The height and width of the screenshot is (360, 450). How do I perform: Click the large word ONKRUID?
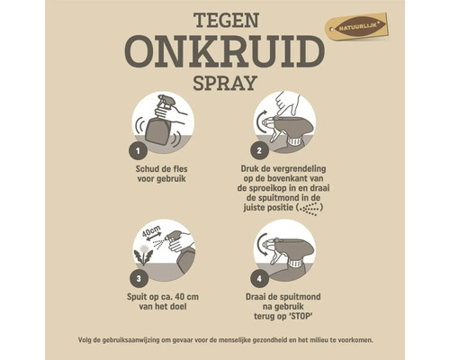(224, 52)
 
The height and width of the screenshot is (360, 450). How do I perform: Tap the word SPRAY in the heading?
(224, 85)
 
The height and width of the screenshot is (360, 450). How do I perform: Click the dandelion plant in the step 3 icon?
(145, 255)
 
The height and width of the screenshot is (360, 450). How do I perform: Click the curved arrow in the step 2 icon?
(262, 120)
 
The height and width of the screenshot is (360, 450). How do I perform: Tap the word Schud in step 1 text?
(147, 167)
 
